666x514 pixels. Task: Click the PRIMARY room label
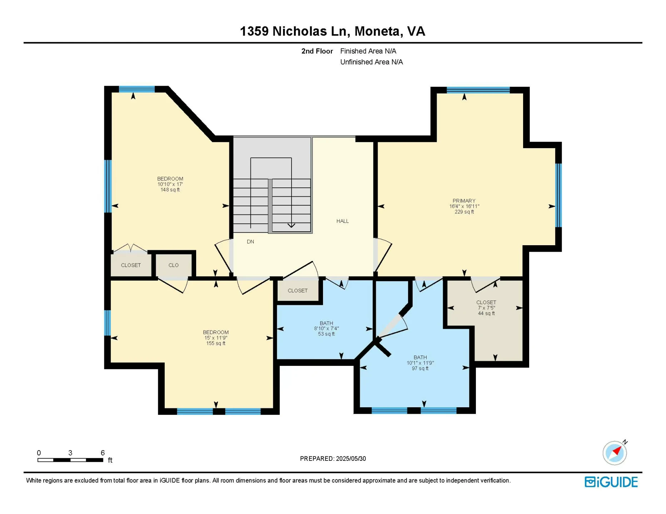point(464,201)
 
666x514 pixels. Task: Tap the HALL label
point(342,221)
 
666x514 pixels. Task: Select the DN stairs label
point(250,242)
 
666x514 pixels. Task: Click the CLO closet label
point(173,265)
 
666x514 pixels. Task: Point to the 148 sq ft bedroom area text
point(170,190)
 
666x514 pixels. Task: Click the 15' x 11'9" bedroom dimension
point(215,338)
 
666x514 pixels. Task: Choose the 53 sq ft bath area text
point(326,334)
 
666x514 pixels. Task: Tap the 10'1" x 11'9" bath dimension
point(420,363)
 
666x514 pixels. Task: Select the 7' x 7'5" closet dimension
point(486,308)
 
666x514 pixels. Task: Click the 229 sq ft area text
point(464,212)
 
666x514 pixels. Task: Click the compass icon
point(615,453)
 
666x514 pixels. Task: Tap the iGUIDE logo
point(611,482)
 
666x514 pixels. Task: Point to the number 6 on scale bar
point(103,453)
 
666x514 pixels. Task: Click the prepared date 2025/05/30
point(351,459)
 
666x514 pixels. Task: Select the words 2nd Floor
point(317,51)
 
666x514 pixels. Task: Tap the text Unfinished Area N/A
point(371,62)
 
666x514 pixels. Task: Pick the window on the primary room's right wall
point(558,195)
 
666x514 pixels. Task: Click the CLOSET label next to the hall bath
point(297,291)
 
